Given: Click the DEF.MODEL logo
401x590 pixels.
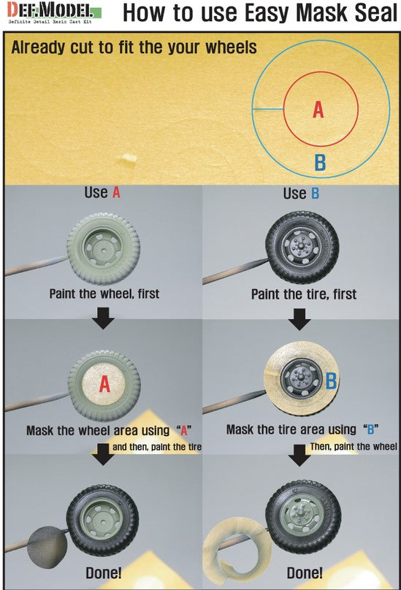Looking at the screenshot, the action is point(55,13).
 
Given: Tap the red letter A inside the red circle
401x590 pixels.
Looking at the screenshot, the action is point(318,110).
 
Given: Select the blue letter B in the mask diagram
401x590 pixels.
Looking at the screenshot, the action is point(320,163).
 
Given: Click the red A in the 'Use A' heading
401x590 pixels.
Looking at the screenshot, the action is point(116,193).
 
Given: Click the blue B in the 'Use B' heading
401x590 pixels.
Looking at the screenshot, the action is point(315,194).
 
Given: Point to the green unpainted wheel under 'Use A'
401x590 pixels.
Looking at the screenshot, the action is point(104,249).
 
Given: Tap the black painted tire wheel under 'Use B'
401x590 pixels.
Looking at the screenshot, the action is point(302,248).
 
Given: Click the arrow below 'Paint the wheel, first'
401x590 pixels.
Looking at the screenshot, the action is point(103,318).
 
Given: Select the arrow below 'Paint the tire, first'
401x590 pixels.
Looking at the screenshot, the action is point(299,319).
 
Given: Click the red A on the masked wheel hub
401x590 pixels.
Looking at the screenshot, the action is point(104,385).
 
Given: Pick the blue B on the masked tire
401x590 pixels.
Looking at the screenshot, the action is point(331,380).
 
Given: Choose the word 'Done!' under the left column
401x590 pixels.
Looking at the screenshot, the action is point(104,573).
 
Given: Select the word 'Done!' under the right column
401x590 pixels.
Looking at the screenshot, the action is point(305,573).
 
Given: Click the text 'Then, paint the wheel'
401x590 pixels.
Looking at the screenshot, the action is point(354,447).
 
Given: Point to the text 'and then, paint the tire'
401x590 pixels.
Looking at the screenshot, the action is point(157,447).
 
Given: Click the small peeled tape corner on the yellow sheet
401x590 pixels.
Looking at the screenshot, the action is point(127,158).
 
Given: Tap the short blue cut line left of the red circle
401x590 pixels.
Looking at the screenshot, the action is point(268,110).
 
